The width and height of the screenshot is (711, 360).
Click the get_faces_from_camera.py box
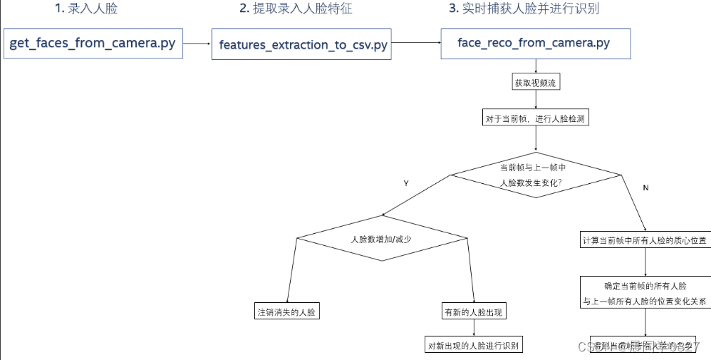[x=93, y=43]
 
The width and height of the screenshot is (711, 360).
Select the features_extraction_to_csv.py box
[x=302, y=44]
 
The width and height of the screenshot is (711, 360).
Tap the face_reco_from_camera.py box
[x=534, y=43]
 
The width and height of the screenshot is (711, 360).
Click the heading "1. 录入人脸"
[x=86, y=9]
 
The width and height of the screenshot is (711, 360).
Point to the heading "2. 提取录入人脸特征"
[x=296, y=9]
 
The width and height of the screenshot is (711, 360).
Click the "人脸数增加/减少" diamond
[x=382, y=239]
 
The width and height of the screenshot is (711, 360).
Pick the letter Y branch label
[x=406, y=183]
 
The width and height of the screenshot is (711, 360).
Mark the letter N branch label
[x=645, y=187]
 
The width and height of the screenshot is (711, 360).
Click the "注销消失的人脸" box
[x=286, y=312]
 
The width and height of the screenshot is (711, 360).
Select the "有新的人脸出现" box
[x=472, y=312]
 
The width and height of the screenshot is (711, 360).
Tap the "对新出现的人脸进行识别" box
[x=473, y=345]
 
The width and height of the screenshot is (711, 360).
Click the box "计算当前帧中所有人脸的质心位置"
[x=645, y=240]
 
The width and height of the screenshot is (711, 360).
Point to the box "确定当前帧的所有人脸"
[x=645, y=293]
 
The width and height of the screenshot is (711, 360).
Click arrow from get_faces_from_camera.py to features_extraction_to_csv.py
[x=197, y=44]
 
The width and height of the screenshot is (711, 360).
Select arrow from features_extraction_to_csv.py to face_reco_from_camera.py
[x=415, y=42]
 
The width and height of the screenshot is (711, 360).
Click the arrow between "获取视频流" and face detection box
[x=534, y=101]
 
